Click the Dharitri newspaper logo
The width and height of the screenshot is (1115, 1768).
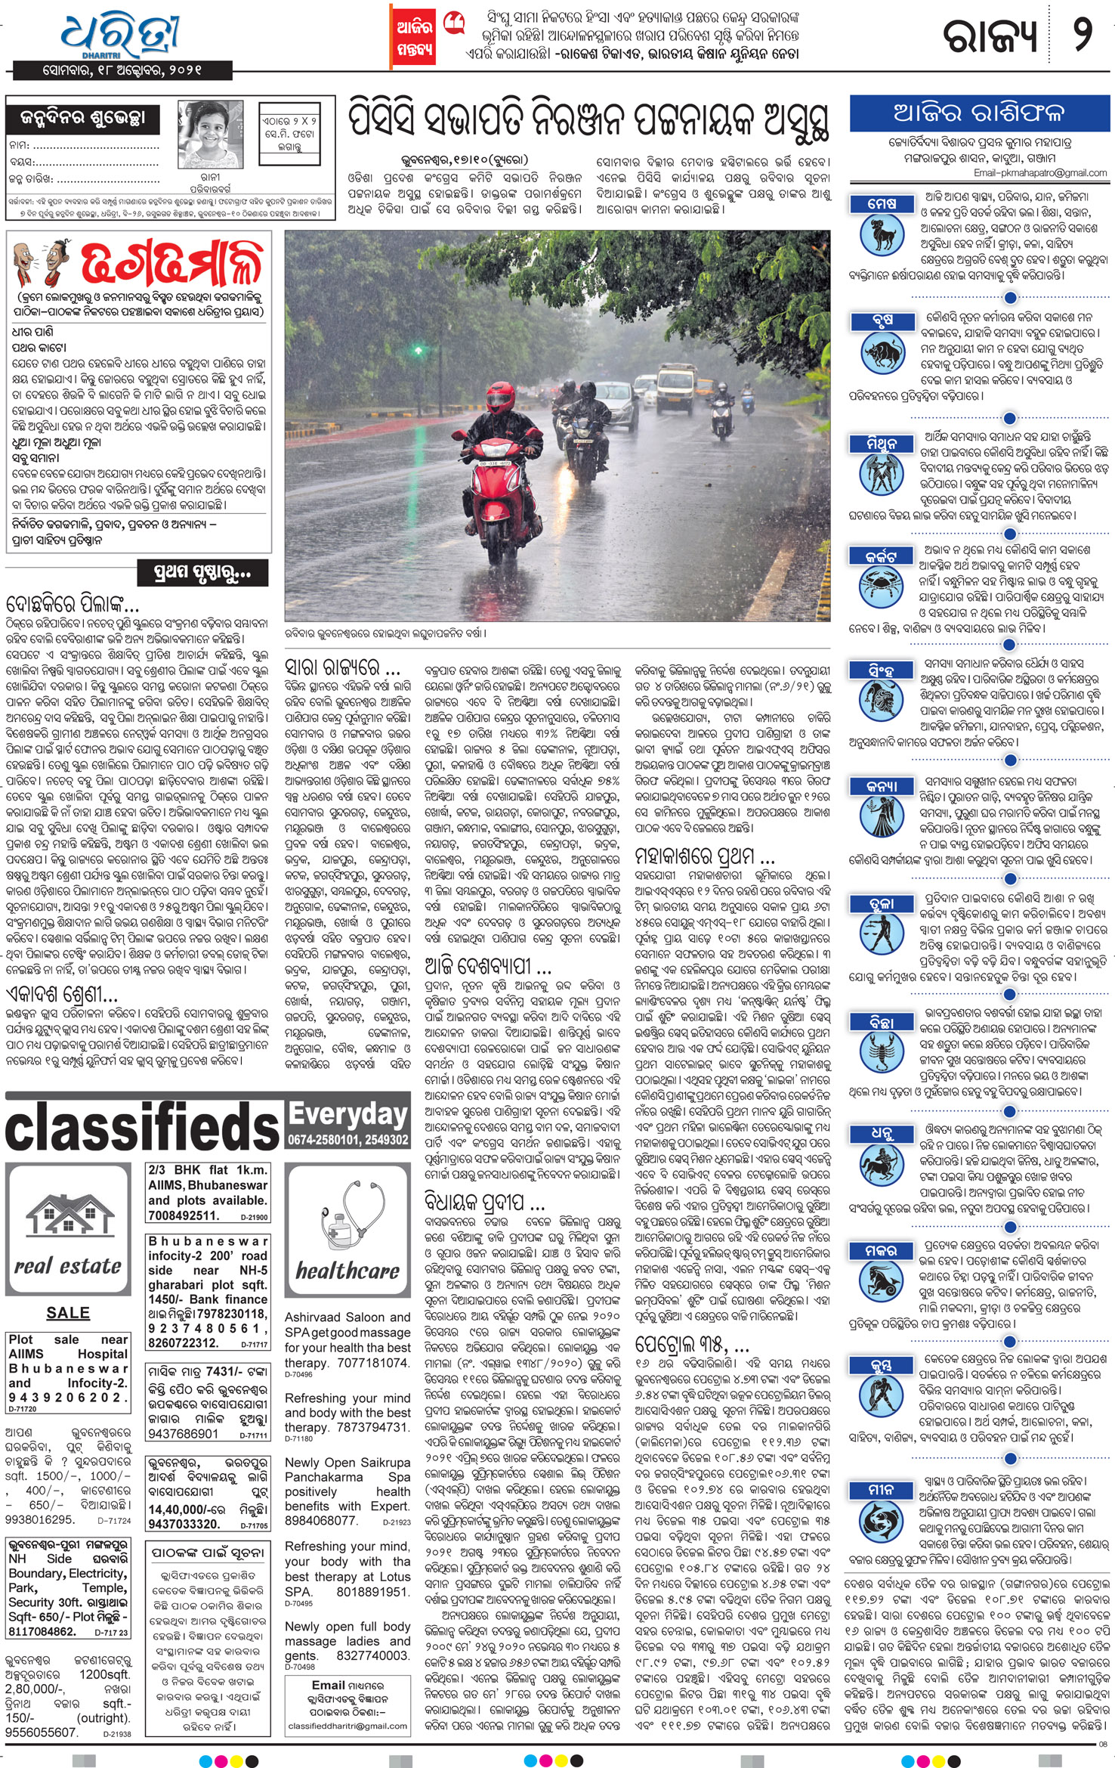121,35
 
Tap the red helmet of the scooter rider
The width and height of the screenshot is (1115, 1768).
500,395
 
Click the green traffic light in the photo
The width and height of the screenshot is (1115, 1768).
417,350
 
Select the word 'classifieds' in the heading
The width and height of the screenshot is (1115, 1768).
143,1126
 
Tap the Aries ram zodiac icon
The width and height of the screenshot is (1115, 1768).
882,234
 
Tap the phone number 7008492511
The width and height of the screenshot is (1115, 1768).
184,1215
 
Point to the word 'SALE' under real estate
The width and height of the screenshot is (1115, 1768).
68,1313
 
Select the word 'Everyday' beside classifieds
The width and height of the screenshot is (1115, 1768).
347,1114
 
